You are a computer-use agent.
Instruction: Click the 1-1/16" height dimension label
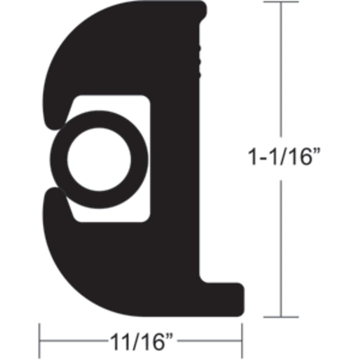click(x=285, y=158)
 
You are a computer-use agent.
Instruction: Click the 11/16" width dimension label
click(x=142, y=342)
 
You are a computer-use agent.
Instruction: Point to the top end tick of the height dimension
click(x=281, y=2)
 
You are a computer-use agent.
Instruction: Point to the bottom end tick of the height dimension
click(x=281, y=317)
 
